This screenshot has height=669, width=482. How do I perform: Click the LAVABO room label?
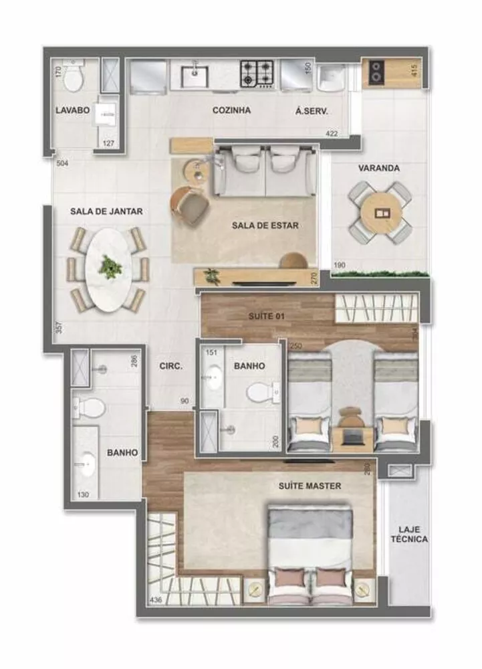pos(72,111)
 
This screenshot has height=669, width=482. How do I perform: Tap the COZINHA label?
pos(231,110)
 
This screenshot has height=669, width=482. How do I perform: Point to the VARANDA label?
pos(378,168)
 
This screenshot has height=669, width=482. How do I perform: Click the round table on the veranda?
pos(379,213)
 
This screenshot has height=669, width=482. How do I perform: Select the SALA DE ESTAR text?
pos(265,225)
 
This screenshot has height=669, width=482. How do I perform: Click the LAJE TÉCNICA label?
pos(409,534)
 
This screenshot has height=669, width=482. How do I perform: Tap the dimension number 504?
pos(62,161)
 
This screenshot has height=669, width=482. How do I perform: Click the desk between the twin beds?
pos(352,433)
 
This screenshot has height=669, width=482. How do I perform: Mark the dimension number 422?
pos(332,134)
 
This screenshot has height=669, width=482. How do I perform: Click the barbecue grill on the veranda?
pos(378,72)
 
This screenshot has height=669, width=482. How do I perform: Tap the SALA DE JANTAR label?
pos(106,211)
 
